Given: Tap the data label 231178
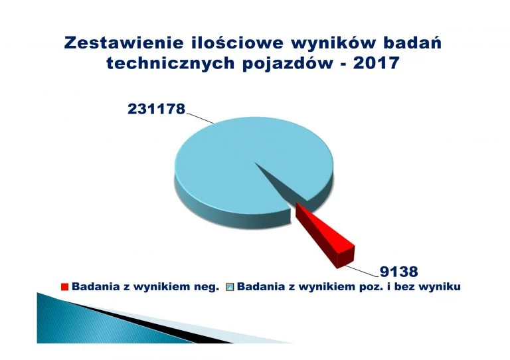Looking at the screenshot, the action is coord(156,109).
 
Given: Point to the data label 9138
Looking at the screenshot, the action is coord(398,272).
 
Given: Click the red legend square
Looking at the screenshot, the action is coord(64,287).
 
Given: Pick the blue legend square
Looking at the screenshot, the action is coord(230,287).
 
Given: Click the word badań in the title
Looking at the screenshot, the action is coord(412,43).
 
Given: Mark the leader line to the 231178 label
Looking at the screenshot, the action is coord(199,119).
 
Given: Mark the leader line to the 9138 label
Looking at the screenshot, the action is coord(362,271).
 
